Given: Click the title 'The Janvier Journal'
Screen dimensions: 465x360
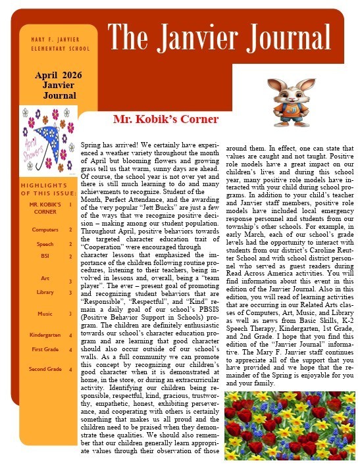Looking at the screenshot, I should pos(219,34).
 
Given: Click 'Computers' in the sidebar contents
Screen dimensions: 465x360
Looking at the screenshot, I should pos(44,230).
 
